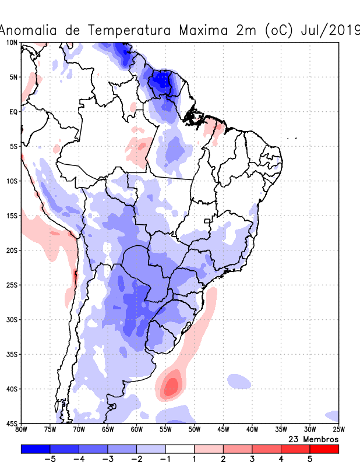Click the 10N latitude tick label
(x=12, y=43)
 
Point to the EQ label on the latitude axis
(x=13, y=112)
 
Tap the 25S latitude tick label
(x=12, y=285)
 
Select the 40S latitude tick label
(x=12, y=389)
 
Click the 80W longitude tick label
(x=22, y=430)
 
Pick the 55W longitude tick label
(x=165, y=430)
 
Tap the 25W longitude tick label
(x=338, y=430)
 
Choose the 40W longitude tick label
(x=252, y=430)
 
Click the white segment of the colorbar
(x=180, y=449)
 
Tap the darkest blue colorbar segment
(x=36, y=449)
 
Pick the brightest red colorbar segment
(x=324, y=449)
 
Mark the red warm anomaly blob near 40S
(x=171, y=385)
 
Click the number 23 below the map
(x=294, y=439)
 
